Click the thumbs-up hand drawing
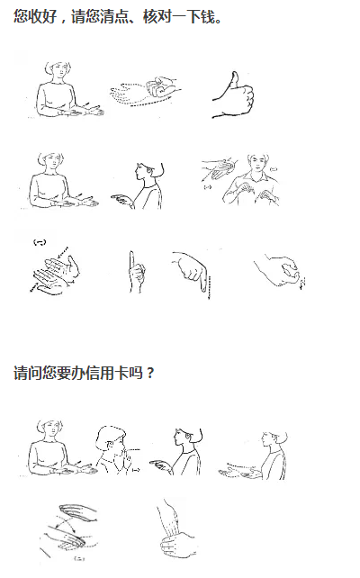234,95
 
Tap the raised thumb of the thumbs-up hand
234,80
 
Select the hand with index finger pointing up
136,272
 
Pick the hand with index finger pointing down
192,272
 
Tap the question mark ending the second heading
149,374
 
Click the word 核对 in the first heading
157,16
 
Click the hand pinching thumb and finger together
280,271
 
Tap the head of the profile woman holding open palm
274,441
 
